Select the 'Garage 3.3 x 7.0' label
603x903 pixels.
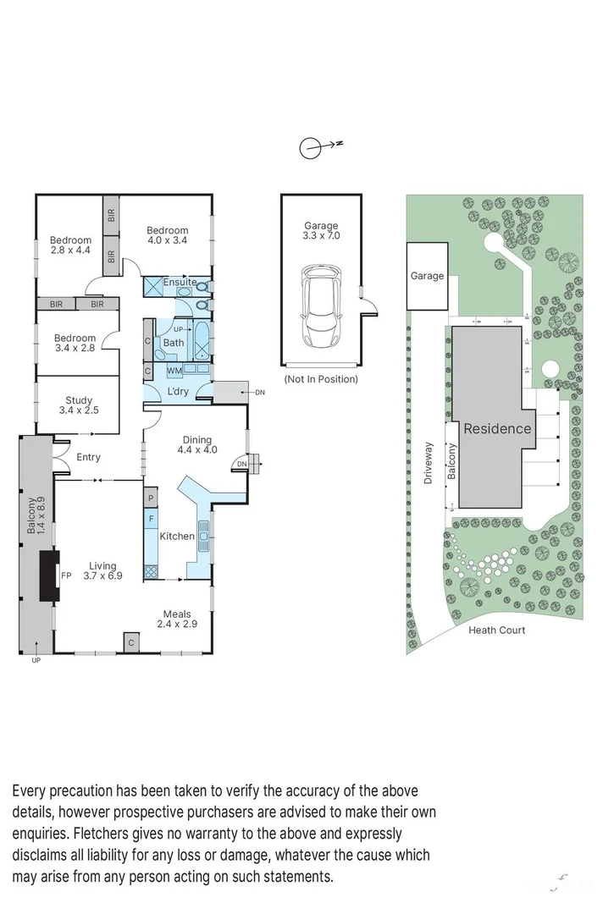tap(321, 231)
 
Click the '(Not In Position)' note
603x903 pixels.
tap(321, 379)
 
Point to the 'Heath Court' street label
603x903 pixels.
tap(497, 630)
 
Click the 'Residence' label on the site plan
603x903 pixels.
tap(497, 428)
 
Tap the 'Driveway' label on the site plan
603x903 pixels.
tap(429, 462)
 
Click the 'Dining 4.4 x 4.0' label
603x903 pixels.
tap(196, 444)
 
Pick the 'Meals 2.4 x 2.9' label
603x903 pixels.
tap(178, 619)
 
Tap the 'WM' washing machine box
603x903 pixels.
tap(174, 371)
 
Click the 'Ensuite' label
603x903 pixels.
tap(180, 282)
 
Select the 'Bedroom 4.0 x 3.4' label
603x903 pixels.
tap(167, 235)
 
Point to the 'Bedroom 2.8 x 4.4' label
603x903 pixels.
tap(69, 245)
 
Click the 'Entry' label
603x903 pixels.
tap(88, 457)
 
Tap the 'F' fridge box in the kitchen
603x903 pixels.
tap(151, 516)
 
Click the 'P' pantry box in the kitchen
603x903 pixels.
tap(151, 498)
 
